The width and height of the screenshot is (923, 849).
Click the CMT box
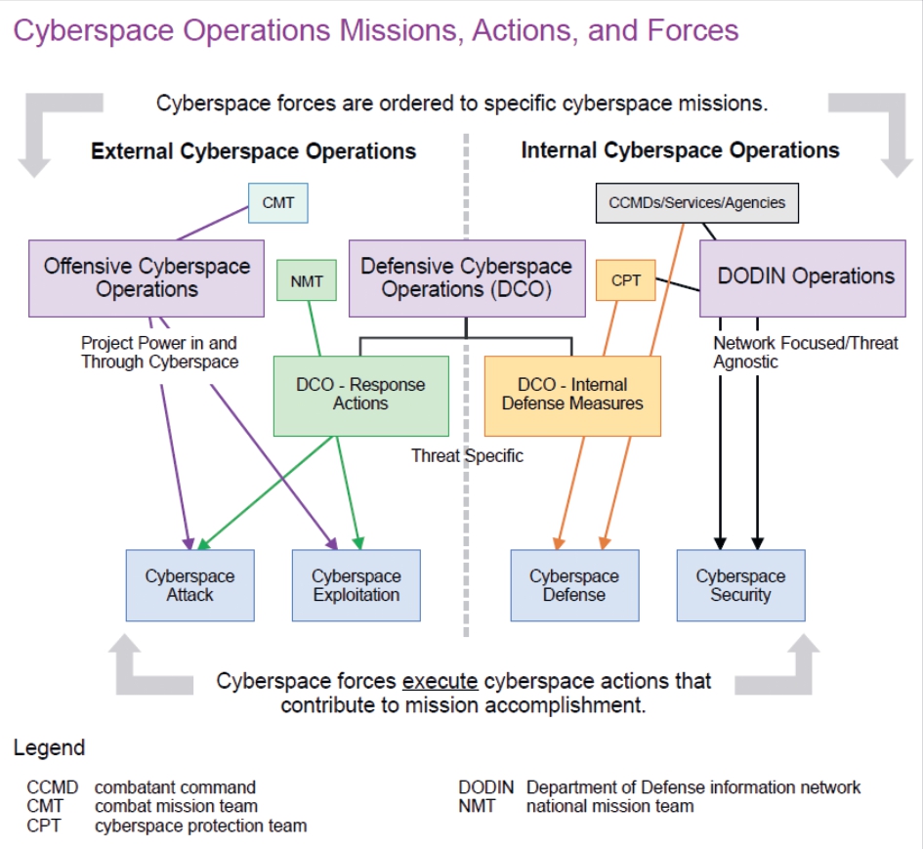(x=278, y=205)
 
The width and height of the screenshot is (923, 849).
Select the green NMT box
(x=306, y=282)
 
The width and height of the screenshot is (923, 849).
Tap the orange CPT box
(x=625, y=280)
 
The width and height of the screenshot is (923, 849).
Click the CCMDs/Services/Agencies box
(x=696, y=203)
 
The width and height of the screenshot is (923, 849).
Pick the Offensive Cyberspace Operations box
(x=147, y=277)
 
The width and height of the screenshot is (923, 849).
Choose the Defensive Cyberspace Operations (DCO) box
(x=466, y=277)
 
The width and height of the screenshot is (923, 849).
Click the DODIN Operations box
(x=805, y=277)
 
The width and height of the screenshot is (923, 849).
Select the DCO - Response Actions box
(x=360, y=395)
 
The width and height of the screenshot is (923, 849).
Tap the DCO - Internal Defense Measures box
(x=572, y=395)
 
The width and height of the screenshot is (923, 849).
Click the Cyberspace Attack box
(x=189, y=585)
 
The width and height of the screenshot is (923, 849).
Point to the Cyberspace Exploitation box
(x=356, y=585)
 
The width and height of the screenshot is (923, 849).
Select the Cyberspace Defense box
(x=574, y=585)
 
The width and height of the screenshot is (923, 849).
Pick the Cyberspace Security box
(x=740, y=585)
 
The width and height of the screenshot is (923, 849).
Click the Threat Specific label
(x=467, y=455)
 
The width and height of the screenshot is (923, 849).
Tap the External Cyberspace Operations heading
(x=253, y=151)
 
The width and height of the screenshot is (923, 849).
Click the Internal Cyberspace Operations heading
(x=680, y=150)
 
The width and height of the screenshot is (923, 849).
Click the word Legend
(x=49, y=748)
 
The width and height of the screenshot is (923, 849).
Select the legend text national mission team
(x=609, y=807)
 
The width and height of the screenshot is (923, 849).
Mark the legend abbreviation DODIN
(x=487, y=787)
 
